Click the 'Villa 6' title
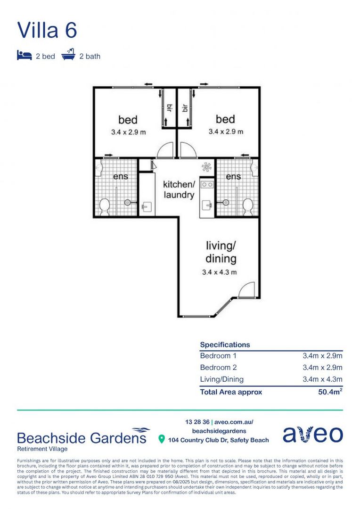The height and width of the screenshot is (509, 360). pos(47,30)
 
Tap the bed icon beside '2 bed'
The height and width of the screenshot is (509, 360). pos(24,56)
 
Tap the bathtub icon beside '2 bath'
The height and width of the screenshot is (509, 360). pos(68,55)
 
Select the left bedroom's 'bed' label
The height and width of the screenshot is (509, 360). pos(128,120)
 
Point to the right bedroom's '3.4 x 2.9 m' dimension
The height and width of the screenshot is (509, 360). pos(226,132)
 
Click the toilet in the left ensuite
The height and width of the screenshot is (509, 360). pos(105,206)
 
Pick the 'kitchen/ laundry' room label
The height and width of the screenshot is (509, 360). pos(179,189)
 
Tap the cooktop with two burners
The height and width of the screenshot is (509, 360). pos(207,184)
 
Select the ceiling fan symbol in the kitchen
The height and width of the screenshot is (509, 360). pos(206,167)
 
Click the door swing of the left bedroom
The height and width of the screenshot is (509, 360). pos(165,150)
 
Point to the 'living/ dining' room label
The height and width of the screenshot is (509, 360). pos(220,252)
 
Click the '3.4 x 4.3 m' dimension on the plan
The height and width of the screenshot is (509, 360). pos(220,272)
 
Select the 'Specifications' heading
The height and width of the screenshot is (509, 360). pos(225,345)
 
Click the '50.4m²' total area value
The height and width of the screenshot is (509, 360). pos(330,392)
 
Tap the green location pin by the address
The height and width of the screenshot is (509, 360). pos(162,440)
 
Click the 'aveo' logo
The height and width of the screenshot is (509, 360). pos(312,435)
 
